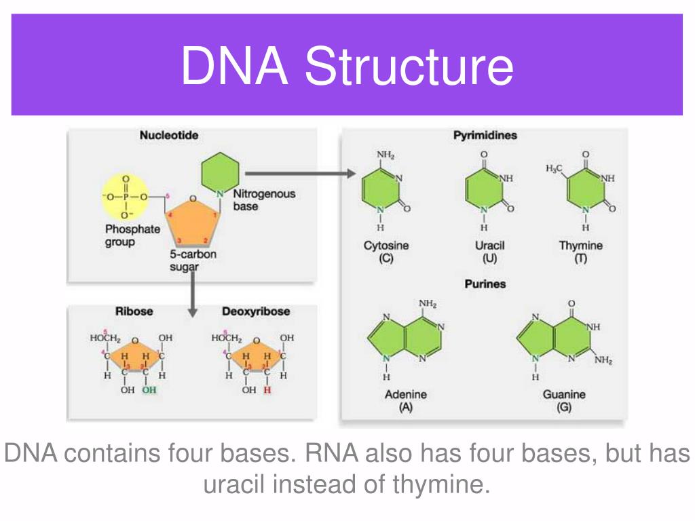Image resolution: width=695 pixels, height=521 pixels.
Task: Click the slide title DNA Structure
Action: [x=347, y=66]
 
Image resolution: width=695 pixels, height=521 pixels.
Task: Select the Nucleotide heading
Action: [x=169, y=136]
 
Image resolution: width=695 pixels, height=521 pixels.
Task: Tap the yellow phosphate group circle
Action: [x=125, y=197]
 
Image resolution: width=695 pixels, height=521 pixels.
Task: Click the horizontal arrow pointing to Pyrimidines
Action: [x=299, y=174]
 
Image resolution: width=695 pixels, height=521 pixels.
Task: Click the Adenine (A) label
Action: [x=405, y=400]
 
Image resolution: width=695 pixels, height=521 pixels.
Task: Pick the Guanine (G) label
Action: [x=564, y=400]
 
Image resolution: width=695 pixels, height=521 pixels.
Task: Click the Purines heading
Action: [x=485, y=284]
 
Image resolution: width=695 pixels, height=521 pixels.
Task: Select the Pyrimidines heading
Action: [x=485, y=136]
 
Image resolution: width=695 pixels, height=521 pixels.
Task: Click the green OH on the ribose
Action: [x=149, y=390]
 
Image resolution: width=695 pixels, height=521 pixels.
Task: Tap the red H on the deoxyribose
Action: [x=267, y=390]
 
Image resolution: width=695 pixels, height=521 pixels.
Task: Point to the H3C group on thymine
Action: [x=555, y=168]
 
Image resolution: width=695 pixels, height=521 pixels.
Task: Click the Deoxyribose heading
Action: [x=256, y=311]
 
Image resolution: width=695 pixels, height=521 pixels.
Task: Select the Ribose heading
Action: [x=134, y=311]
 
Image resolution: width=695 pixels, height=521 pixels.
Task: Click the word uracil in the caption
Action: [x=231, y=485]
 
